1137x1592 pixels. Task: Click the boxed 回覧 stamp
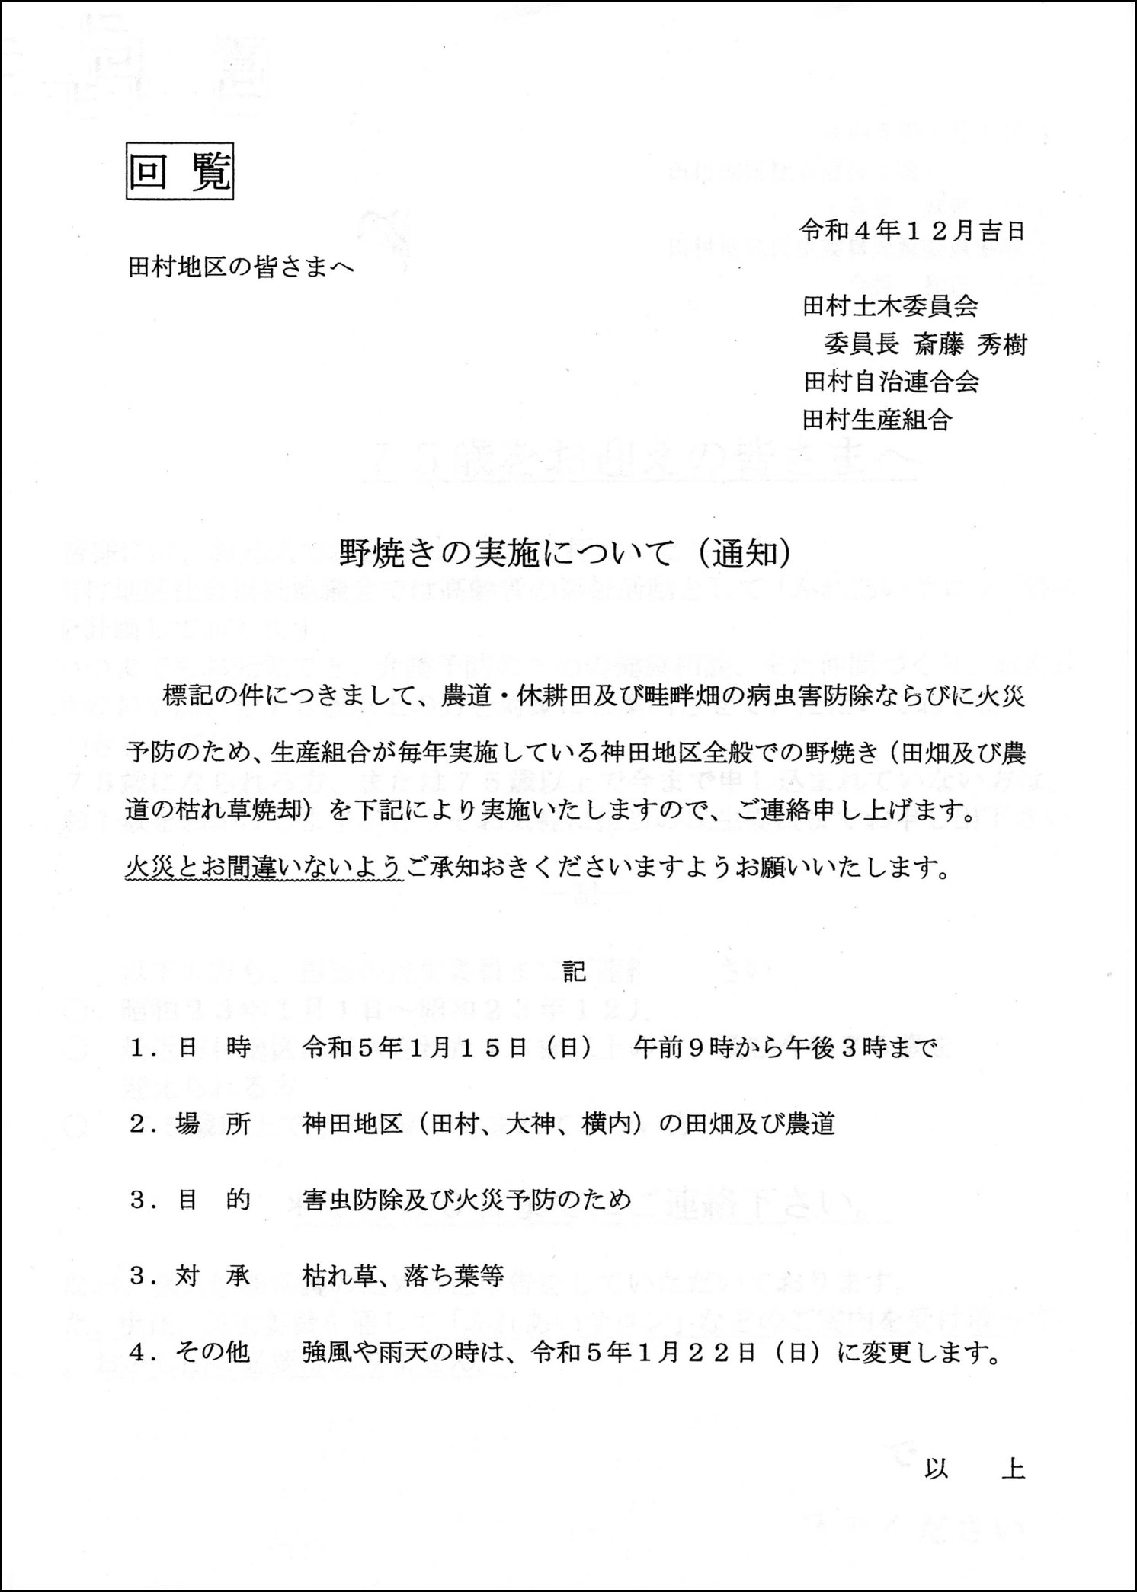179,173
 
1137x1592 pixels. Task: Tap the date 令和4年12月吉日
911,231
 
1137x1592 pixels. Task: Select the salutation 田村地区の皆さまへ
240,267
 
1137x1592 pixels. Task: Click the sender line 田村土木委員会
890,306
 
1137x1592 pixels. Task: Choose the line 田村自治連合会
891,381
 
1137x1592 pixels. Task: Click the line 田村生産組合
878,418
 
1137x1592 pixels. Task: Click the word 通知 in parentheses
745,555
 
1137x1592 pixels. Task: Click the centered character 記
574,970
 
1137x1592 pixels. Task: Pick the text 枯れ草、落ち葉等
402,1275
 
